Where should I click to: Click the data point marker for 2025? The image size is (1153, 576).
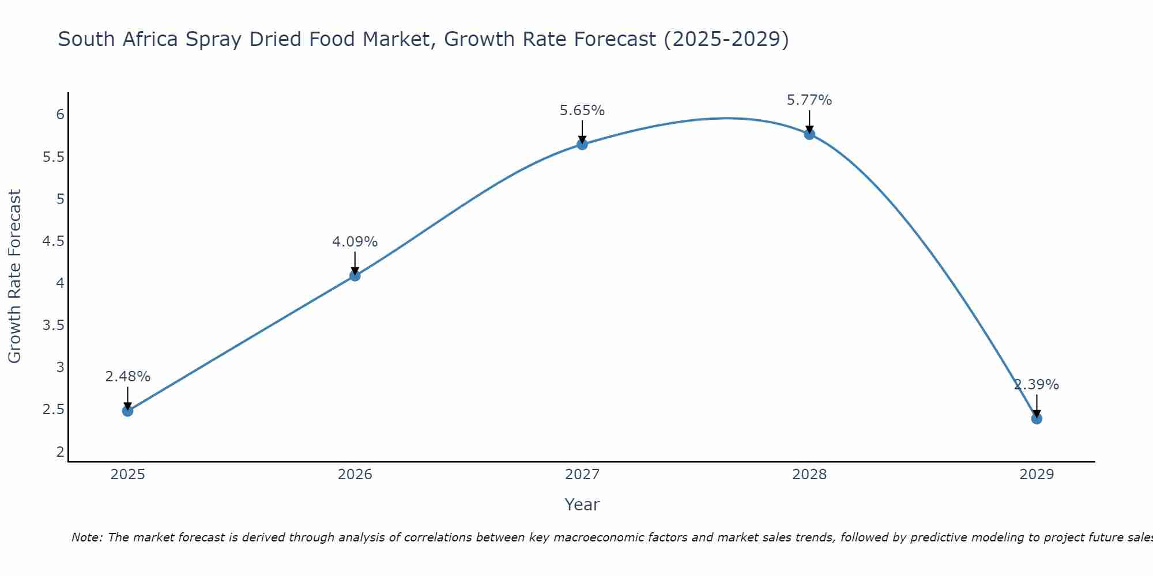click(x=127, y=411)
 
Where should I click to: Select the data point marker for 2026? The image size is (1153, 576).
click(x=355, y=276)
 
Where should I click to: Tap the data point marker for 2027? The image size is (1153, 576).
click(x=582, y=145)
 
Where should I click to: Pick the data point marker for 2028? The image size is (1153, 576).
click(x=809, y=134)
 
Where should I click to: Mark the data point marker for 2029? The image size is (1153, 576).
click(x=1037, y=419)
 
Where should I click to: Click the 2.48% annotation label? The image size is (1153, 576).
click(x=127, y=377)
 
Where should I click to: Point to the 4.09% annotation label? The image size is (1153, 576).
click(x=355, y=242)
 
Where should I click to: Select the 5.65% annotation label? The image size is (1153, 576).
click(x=582, y=111)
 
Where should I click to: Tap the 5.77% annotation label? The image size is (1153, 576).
click(x=809, y=100)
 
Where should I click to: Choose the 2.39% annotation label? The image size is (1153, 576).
click(x=1037, y=385)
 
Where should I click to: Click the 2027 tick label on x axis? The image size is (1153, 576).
click(x=582, y=475)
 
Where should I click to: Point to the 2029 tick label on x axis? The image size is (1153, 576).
click(x=1037, y=475)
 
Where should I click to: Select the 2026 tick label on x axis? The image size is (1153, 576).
click(x=355, y=475)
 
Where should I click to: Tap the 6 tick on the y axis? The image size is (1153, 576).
click(x=60, y=115)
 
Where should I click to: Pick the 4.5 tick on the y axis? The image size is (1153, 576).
click(x=54, y=241)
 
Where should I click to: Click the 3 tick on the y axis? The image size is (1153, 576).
click(x=60, y=367)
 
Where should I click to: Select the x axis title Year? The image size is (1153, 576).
click(x=582, y=505)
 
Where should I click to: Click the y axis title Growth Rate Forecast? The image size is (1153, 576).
click(x=14, y=276)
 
